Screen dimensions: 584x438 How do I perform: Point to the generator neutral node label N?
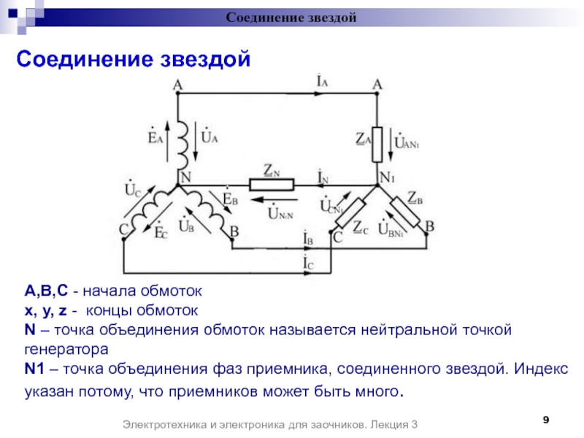185,177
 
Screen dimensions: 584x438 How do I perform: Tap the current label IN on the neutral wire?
322,176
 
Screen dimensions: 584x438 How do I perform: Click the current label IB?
307,239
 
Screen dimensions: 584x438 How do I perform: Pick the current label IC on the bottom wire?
307,261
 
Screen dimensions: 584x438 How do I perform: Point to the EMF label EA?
155,137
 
